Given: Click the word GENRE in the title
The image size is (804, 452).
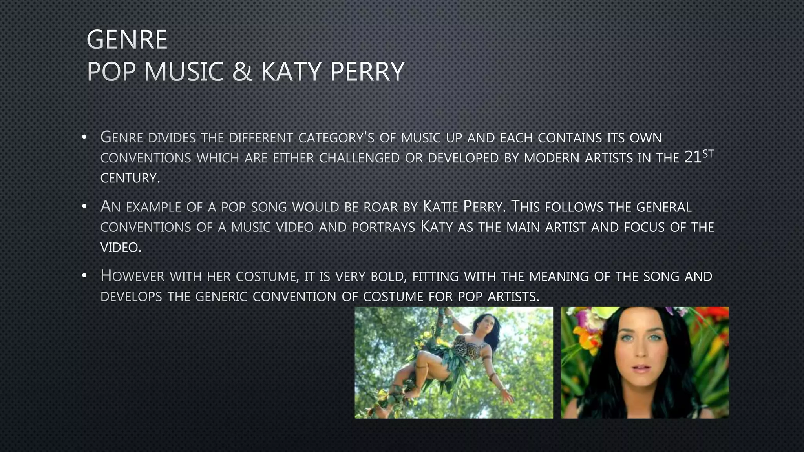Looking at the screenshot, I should pos(127,40).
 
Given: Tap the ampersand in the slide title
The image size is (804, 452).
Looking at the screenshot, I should pos(242,71).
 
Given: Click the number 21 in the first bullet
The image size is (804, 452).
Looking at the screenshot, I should pos(693,157).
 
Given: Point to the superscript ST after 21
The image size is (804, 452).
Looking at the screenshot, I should pos(707,154).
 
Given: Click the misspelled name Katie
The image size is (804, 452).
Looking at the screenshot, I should pos(440,207).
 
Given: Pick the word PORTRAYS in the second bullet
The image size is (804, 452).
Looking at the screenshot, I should pos(384,228).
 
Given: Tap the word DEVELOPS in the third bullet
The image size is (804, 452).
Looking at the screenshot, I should pos(131,297).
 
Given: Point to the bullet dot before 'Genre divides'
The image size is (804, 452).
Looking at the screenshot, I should pos(84,137).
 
